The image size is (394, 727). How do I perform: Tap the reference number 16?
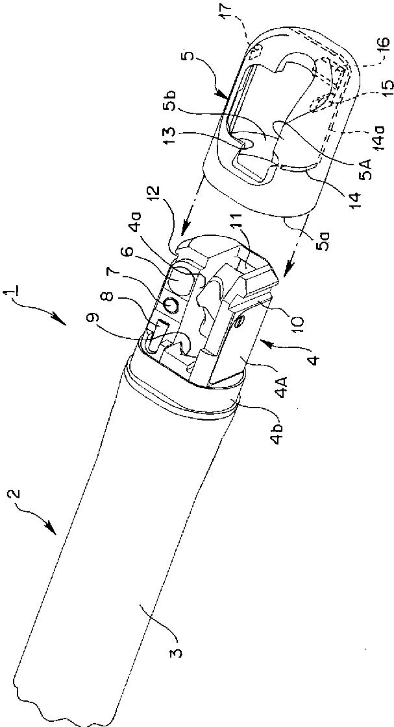384,49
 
